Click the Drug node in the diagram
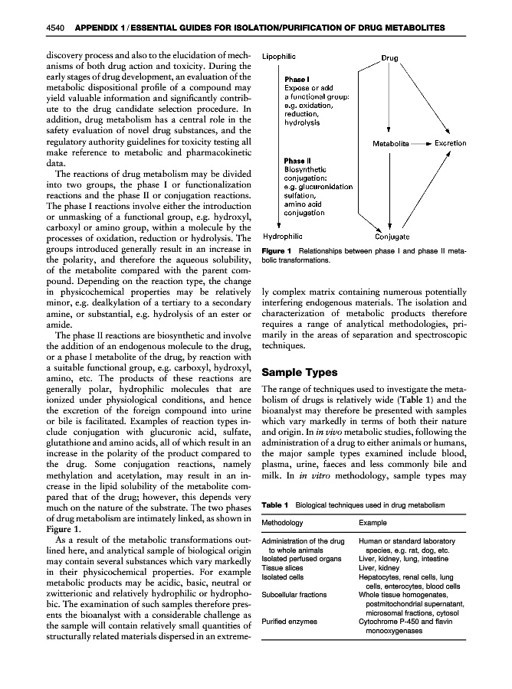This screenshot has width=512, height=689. (x=389, y=58)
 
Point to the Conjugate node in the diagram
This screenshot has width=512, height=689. (x=392, y=237)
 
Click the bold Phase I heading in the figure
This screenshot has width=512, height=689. (x=296, y=79)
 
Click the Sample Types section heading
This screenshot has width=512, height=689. (x=300, y=373)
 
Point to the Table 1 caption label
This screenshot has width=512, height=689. (x=274, y=505)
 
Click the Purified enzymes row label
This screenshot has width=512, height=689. (x=290, y=621)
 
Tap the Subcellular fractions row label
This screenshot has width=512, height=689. (x=295, y=593)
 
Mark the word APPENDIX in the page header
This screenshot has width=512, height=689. (x=97, y=28)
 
